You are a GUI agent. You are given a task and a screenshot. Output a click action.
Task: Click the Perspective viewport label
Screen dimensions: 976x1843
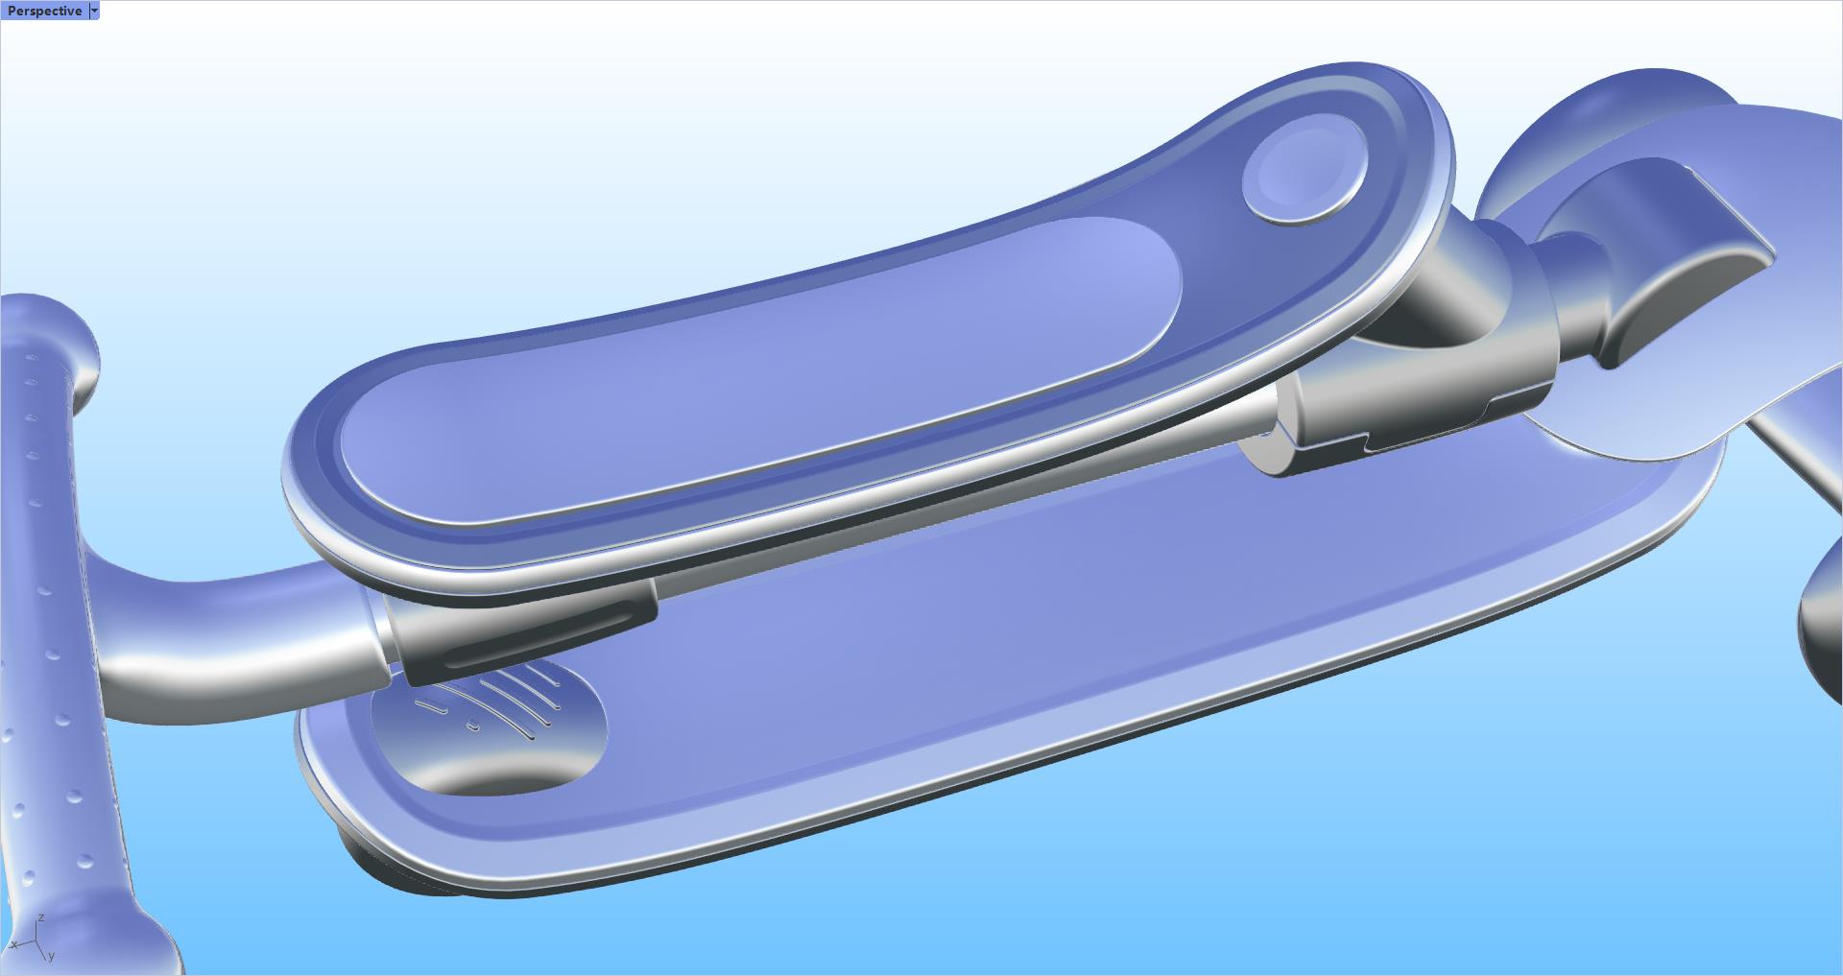pos(44,11)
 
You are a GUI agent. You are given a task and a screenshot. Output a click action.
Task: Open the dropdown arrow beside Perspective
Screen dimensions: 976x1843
pos(94,11)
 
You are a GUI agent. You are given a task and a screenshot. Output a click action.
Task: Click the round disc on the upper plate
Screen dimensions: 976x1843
pos(1304,169)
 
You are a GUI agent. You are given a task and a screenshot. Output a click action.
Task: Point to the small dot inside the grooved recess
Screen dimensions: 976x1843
pos(472,725)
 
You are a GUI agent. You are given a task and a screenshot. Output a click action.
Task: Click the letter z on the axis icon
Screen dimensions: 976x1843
pos(40,918)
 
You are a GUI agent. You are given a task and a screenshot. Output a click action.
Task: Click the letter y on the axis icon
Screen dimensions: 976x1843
pos(51,956)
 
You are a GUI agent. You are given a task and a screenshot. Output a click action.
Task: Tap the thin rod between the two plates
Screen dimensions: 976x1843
pos(960,499)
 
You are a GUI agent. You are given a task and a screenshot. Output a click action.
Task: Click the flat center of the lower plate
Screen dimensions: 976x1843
pos(1008,653)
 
